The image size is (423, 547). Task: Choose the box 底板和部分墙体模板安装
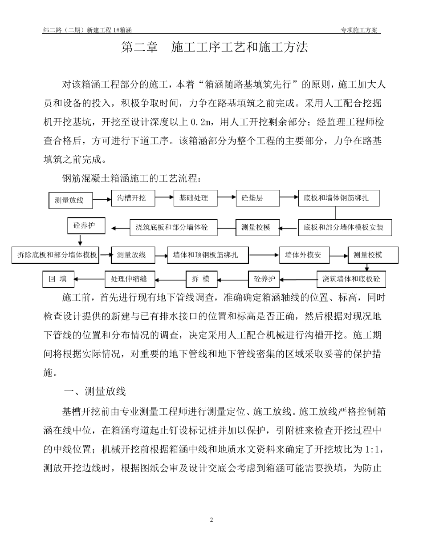344,228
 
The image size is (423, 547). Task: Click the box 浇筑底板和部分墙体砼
172,228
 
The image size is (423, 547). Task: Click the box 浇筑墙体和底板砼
351,279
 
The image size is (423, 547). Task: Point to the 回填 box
58,279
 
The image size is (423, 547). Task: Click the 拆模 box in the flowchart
201,279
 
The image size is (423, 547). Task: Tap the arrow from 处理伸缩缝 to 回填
89,279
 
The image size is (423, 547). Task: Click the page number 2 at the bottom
211,519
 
